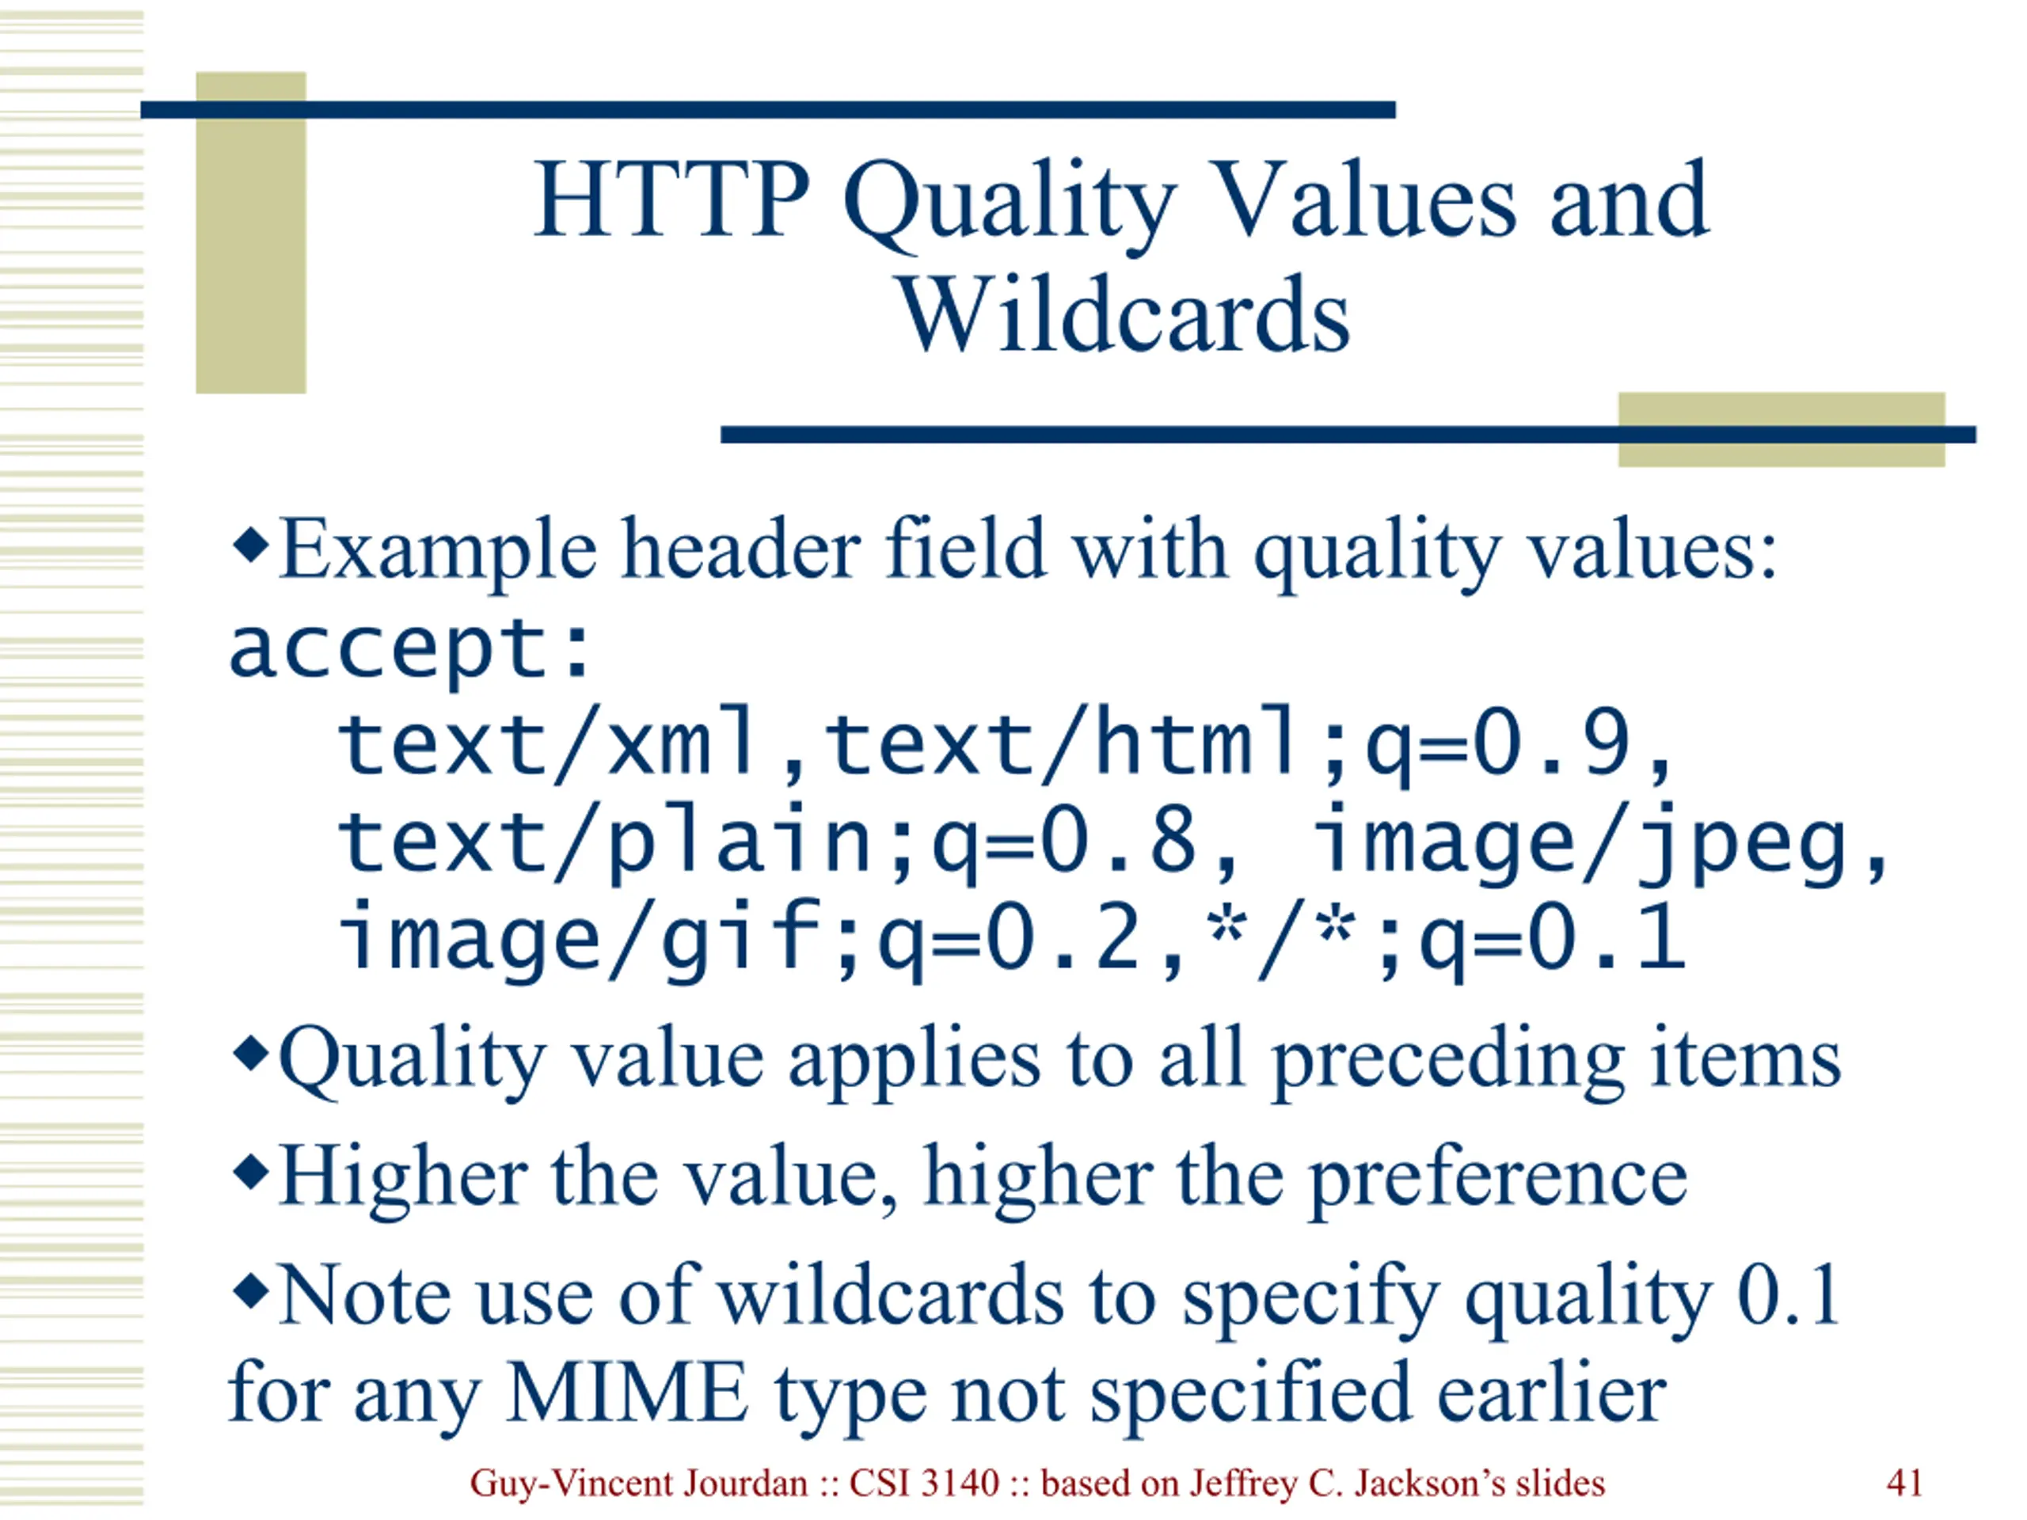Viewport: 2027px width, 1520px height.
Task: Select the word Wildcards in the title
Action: coord(1124,314)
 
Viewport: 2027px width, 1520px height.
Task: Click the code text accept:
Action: coord(409,652)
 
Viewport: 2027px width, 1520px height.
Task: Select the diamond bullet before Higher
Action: coord(251,1172)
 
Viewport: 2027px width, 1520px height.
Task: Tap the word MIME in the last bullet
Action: coord(627,1392)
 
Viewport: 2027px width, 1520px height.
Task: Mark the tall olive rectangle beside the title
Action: coord(251,233)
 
